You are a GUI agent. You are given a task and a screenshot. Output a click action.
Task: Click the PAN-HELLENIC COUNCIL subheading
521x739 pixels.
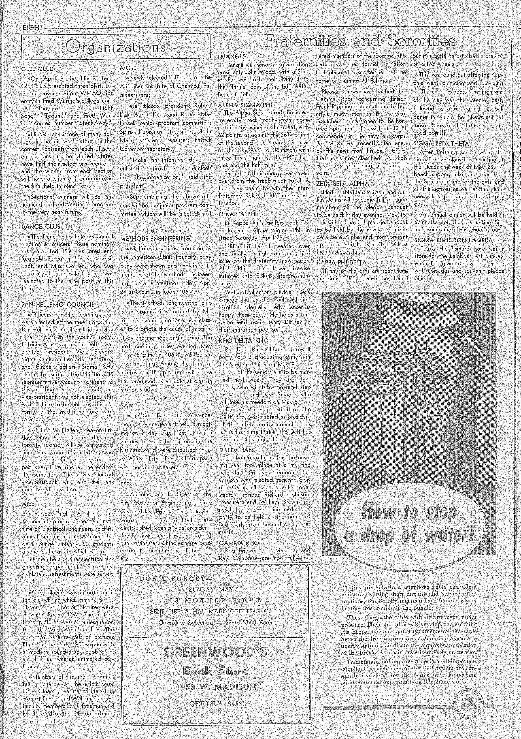pyautogui.click(x=58, y=304)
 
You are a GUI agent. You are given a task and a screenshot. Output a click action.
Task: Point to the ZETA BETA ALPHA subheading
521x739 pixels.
pyautogui.click(x=343, y=183)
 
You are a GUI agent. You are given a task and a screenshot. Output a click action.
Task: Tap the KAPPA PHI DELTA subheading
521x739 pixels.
pyautogui.click(x=342, y=262)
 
